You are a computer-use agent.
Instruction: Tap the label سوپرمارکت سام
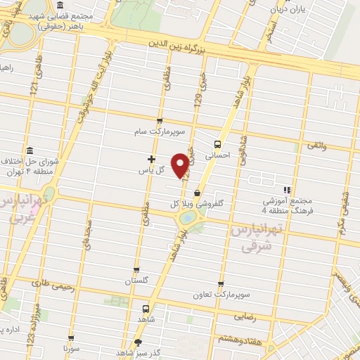click(x=160, y=131)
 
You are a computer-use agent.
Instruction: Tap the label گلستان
click(x=137, y=281)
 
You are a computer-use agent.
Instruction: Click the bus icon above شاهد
click(x=146, y=309)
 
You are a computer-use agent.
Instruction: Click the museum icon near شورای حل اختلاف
click(x=30, y=151)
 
